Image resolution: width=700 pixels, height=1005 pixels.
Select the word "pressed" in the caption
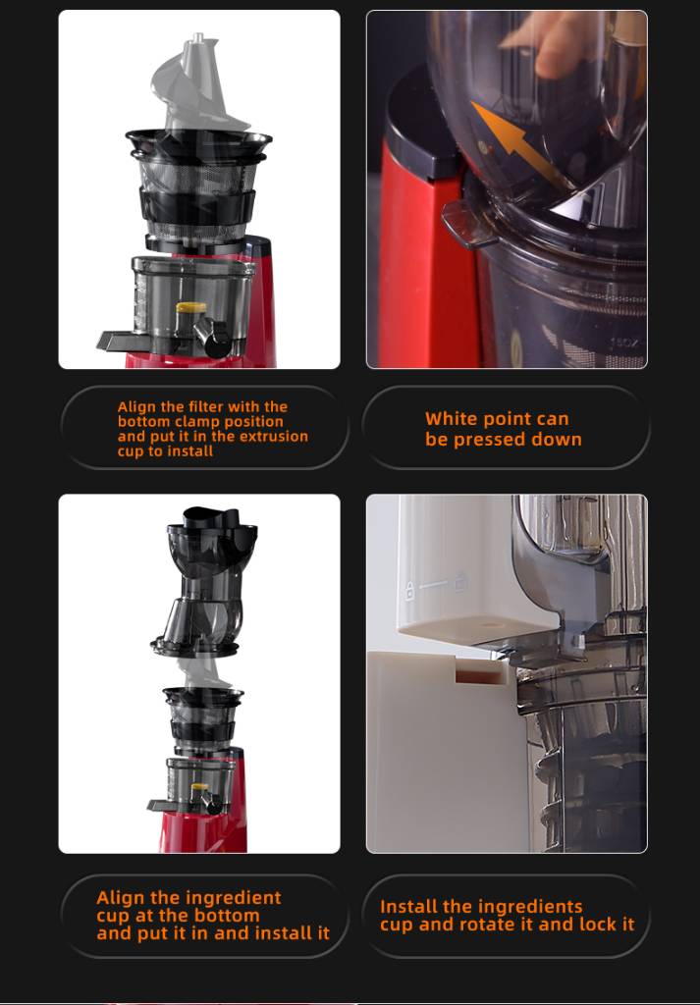pyautogui.click(x=492, y=441)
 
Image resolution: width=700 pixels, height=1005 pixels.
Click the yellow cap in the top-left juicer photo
pyautogui.click(x=191, y=308)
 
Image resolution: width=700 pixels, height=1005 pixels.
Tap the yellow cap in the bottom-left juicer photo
pyautogui.click(x=199, y=786)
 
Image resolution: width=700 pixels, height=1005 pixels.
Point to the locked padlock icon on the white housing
pyautogui.click(x=410, y=590)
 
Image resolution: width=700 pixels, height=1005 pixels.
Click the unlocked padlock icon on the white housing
pyautogui.click(x=459, y=583)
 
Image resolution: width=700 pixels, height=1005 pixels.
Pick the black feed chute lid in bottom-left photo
pyautogui.click(x=211, y=518)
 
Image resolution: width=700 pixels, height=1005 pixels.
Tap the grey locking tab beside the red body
pyautogui.click(x=468, y=224)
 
